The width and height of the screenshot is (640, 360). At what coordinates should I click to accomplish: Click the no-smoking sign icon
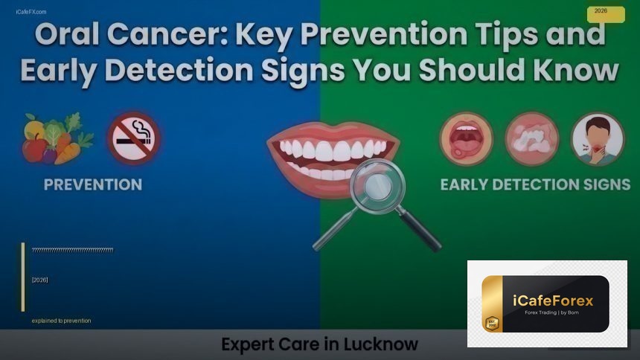pyautogui.click(x=134, y=138)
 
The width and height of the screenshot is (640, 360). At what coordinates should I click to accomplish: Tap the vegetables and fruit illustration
pyautogui.click(x=55, y=138)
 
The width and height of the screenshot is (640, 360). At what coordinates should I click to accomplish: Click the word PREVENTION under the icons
pyautogui.click(x=93, y=184)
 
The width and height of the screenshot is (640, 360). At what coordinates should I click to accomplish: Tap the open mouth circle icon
pyautogui.click(x=467, y=139)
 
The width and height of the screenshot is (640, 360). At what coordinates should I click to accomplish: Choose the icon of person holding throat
pyautogui.click(x=598, y=139)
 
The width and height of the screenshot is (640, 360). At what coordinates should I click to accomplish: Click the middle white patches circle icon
pyautogui.click(x=532, y=139)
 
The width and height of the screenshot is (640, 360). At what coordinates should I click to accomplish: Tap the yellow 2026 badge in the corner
pyautogui.click(x=606, y=13)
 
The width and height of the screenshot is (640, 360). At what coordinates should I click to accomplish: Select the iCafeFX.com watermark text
pyautogui.click(x=31, y=12)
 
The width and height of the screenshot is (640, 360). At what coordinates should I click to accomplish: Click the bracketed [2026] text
pyautogui.click(x=40, y=280)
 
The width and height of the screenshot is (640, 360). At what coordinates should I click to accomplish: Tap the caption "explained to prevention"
pyautogui.click(x=61, y=321)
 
